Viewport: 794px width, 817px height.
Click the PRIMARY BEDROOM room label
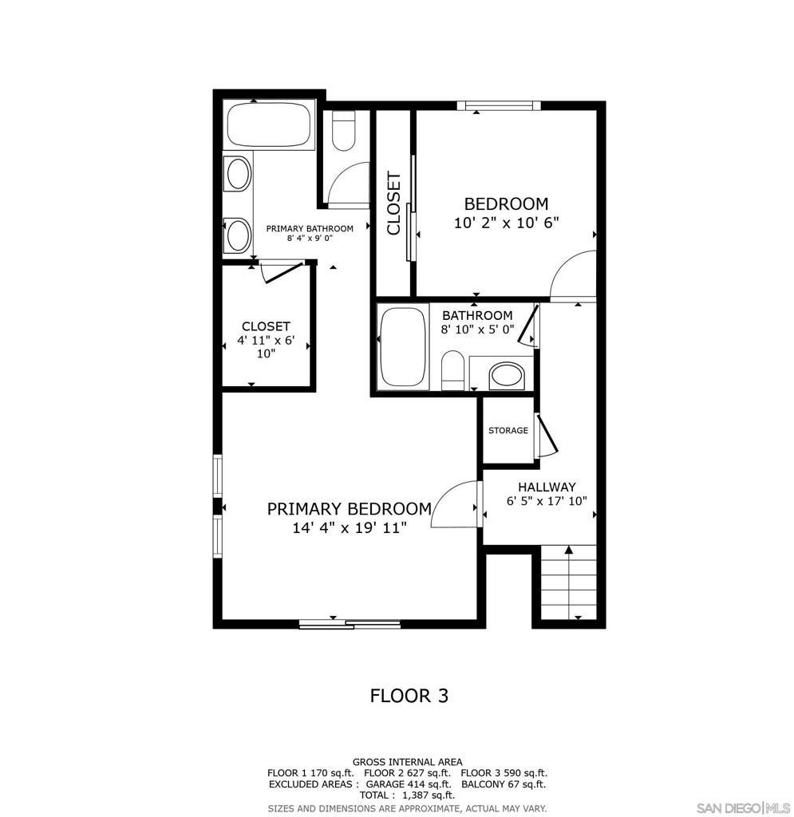(349, 509)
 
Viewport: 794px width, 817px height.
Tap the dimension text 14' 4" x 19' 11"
(350, 527)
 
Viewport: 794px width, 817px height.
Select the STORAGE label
(508, 431)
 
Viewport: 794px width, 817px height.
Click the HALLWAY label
(547, 487)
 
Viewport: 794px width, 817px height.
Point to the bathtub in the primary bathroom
(270, 125)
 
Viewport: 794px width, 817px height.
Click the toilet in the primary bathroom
(343, 131)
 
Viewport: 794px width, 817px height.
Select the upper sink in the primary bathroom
(238, 173)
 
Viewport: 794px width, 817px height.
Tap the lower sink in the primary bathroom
(238, 234)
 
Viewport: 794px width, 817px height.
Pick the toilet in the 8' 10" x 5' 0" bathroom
(452, 370)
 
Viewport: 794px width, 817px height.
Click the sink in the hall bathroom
(505, 373)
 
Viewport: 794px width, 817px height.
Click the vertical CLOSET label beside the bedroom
(393, 203)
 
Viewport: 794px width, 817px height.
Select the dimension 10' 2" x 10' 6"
(506, 223)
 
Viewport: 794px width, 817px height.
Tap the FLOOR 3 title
(409, 696)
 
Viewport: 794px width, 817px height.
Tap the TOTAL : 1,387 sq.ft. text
(408, 795)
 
